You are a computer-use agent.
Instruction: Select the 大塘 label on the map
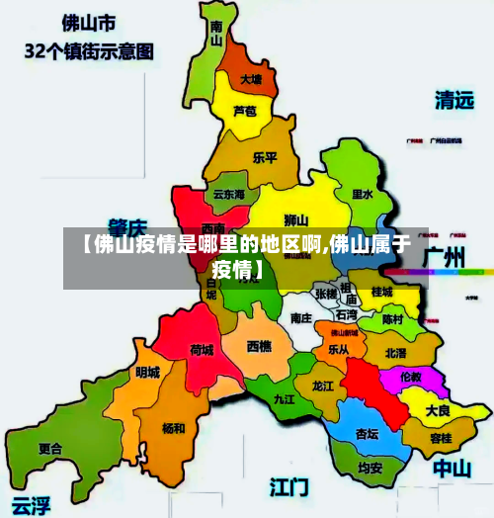click(251, 79)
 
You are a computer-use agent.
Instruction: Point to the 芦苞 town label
click(244, 111)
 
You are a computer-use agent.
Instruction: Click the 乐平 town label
click(265, 157)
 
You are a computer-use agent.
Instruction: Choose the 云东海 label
click(228, 196)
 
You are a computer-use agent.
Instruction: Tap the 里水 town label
click(363, 196)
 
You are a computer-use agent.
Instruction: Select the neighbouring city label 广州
click(444, 257)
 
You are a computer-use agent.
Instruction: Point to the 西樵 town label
click(259, 346)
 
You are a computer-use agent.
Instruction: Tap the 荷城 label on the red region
click(202, 350)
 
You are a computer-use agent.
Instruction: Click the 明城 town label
click(147, 372)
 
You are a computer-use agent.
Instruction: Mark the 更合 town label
click(49, 448)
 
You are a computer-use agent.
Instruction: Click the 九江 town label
click(285, 399)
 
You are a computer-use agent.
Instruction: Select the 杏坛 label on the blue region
click(367, 433)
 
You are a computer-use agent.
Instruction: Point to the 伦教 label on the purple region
click(409, 377)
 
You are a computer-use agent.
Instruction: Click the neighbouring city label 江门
click(289, 486)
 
